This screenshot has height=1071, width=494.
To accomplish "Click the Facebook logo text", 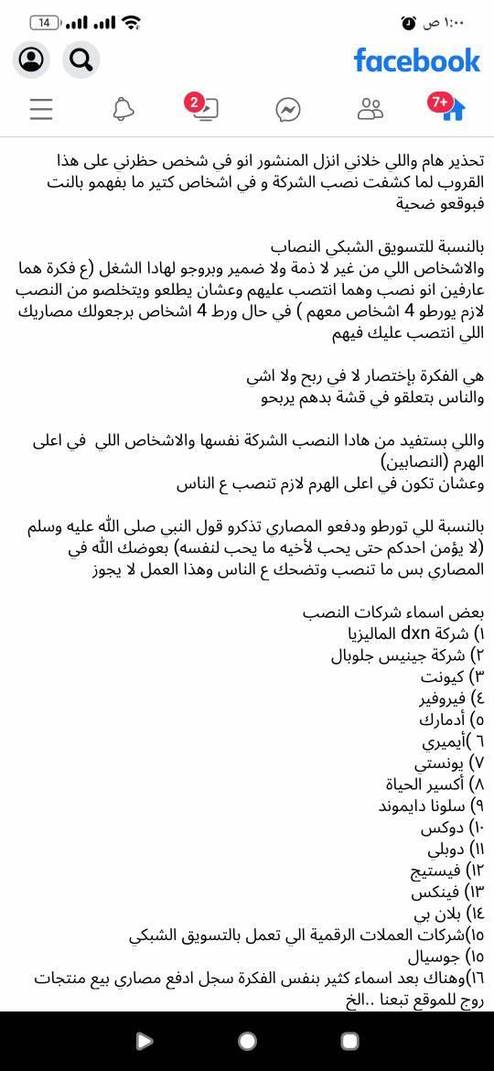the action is pyautogui.click(x=416, y=60).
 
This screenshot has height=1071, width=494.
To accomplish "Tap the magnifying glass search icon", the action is pyautogui.click(x=81, y=60).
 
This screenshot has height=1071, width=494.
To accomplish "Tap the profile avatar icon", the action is pyautogui.click(x=31, y=60).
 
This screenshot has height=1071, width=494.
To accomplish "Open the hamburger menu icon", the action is pyautogui.click(x=41, y=110).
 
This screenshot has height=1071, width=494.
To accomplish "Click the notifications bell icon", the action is pyautogui.click(x=123, y=110).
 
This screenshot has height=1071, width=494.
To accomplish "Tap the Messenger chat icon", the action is pyautogui.click(x=288, y=110).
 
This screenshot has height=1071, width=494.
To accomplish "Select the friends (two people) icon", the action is pyautogui.click(x=370, y=110).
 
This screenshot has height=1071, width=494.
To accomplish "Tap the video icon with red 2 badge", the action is pyautogui.click(x=205, y=109).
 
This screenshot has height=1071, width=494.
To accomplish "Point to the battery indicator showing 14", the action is pyautogui.click(x=45, y=22).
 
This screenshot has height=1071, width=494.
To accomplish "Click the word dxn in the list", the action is pyautogui.click(x=414, y=633).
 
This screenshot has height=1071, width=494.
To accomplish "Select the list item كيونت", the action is pyautogui.click(x=443, y=676).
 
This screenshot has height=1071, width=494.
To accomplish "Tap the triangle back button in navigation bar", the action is pyautogui.click(x=145, y=1041).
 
